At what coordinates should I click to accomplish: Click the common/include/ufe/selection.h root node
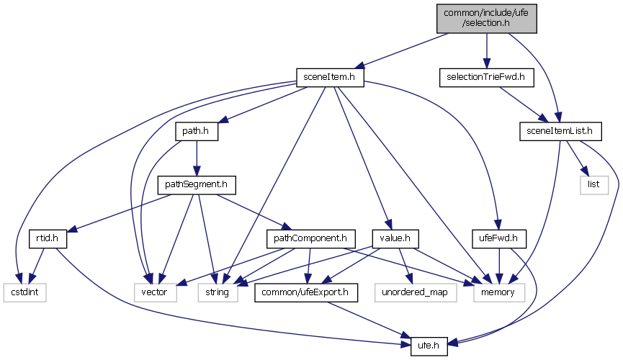point(486,17)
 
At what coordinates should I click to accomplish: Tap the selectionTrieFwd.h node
point(485,76)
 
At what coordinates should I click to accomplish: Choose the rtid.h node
point(42,237)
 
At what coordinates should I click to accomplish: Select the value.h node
point(385,237)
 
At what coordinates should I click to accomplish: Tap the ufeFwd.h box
point(500,237)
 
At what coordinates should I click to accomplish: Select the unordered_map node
point(415,292)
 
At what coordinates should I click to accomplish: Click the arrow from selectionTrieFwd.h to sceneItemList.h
point(522,103)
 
